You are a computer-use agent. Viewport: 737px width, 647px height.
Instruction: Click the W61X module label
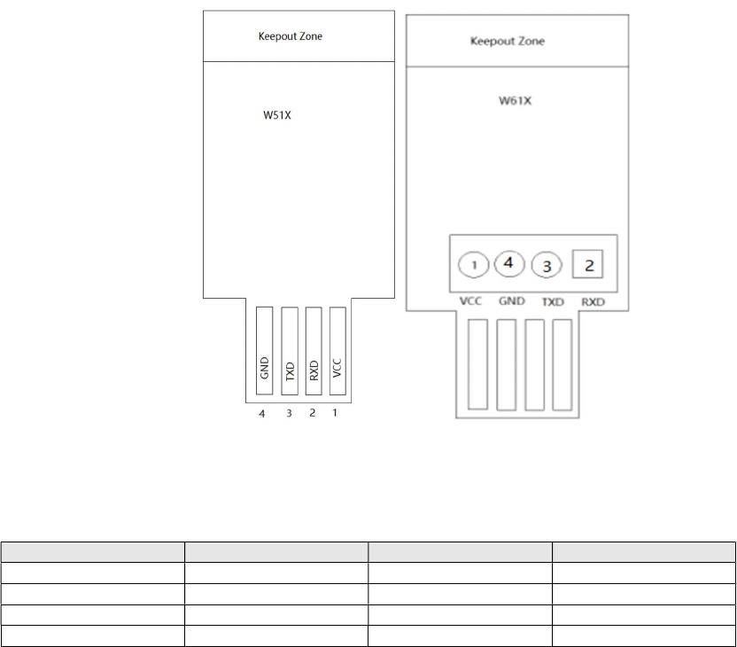[x=515, y=101]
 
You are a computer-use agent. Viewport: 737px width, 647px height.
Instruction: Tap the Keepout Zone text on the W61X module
[x=508, y=42]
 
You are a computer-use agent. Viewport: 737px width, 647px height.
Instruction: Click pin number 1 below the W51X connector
[x=334, y=413]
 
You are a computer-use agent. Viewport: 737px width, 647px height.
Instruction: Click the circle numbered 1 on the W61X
[x=475, y=265]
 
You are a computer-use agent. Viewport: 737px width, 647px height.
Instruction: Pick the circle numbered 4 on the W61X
[x=509, y=263]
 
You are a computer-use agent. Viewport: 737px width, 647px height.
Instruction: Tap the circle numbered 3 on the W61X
[x=547, y=265]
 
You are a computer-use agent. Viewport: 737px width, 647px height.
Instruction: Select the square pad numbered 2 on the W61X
[x=589, y=263]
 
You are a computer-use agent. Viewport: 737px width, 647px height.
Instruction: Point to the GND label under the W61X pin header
[x=513, y=301]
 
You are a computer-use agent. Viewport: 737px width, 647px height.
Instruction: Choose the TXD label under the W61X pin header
[x=553, y=301]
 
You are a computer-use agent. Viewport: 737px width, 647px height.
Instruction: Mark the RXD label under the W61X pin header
[x=593, y=301]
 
